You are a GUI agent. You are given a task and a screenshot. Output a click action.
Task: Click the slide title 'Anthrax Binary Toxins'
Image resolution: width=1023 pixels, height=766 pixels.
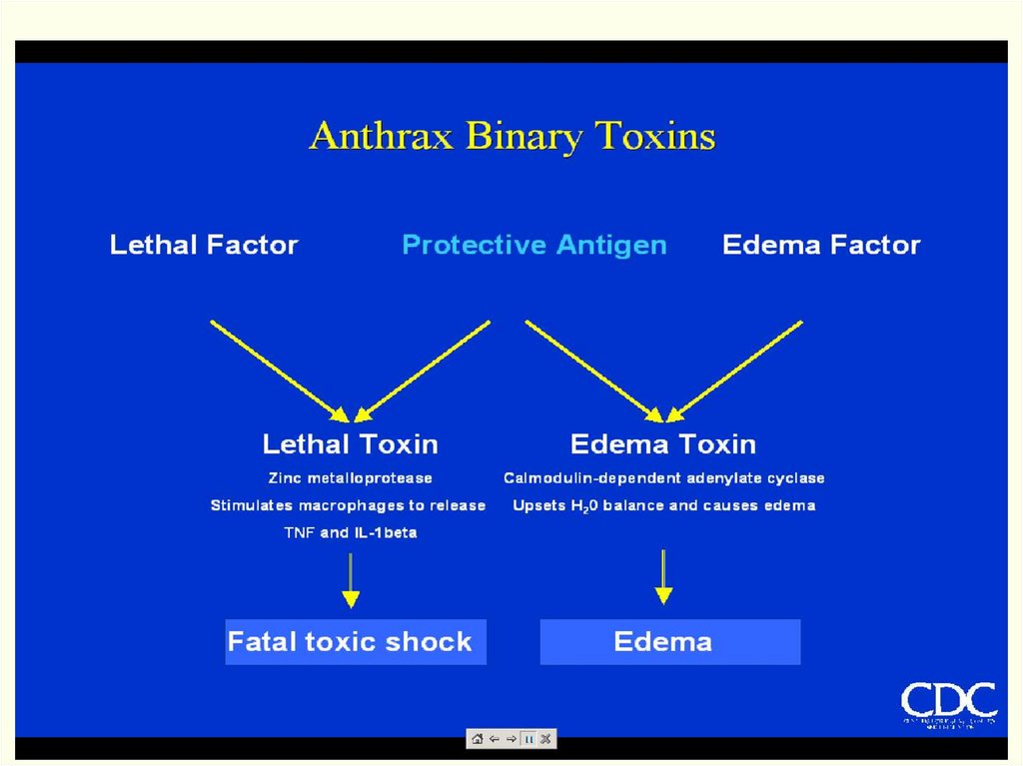(x=511, y=136)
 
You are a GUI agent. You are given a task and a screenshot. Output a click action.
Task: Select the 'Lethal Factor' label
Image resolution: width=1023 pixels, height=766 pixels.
(x=204, y=245)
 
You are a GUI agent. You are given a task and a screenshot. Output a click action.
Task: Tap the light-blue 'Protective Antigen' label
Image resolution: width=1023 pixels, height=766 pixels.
(x=533, y=245)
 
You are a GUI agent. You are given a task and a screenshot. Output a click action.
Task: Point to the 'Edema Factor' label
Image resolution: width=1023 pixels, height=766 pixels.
(x=821, y=245)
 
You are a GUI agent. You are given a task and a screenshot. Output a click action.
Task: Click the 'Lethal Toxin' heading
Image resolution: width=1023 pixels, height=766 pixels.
(x=350, y=443)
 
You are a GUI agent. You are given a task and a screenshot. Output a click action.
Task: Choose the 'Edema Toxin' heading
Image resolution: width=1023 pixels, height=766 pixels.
(x=662, y=443)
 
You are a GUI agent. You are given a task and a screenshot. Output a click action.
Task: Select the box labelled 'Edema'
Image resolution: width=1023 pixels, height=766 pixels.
(x=669, y=641)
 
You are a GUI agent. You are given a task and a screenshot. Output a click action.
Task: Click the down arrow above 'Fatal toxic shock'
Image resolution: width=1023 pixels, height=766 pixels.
(x=350, y=579)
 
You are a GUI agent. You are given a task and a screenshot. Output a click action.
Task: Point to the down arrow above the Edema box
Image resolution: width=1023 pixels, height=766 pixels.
(x=663, y=576)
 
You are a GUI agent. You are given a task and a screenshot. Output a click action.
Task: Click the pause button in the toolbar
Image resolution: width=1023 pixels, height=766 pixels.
(x=529, y=739)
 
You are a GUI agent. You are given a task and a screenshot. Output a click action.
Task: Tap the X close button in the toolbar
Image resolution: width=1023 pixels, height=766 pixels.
(x=545, y=739)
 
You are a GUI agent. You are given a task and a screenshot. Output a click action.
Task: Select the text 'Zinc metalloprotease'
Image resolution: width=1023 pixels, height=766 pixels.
(x=350, y=478)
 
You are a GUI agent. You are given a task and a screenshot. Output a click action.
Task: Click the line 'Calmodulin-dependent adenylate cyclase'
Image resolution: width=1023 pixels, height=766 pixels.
(x=663, y=478)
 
